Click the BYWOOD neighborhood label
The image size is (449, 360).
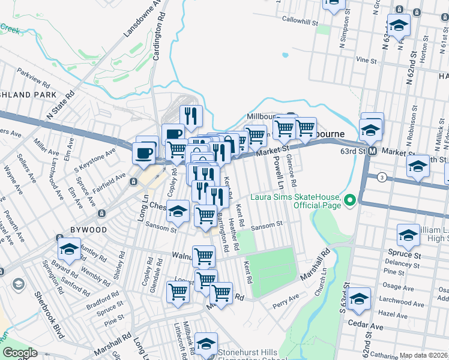pos(87,230)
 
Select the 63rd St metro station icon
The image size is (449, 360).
pos(372,151)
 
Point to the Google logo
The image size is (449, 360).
pos(20,353)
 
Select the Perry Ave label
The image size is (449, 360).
pos(286,298)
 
